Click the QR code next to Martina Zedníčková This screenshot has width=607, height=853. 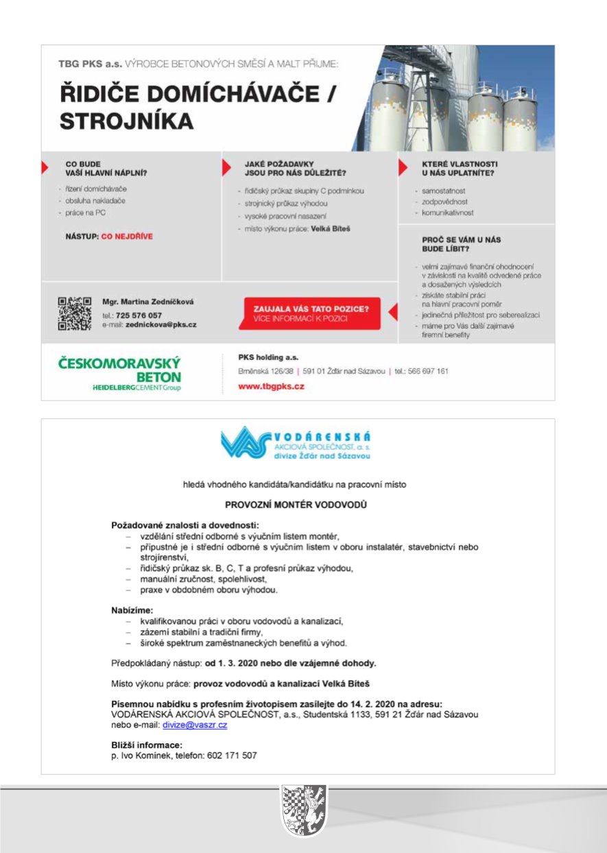click(x=74, y=313)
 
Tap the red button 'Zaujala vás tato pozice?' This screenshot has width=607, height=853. click(x=311, y=313)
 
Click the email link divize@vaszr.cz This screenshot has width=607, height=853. click(x=195, y=725)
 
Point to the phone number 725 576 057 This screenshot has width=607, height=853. click(x=139, y=315)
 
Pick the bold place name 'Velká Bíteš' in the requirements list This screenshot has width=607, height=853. click(x=331, y=228)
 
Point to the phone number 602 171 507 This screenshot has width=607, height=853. click(x=232, y=756)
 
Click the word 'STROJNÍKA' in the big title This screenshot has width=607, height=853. click(x=126, y=121)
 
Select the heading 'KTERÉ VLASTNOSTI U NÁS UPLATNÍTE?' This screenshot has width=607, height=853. click(x=459, y=169)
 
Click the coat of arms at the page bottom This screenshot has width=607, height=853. click(x=303, y=811)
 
